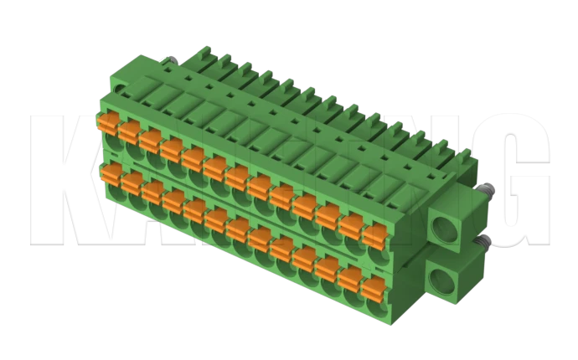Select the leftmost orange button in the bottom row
pyautogui.click(x=110, y=172)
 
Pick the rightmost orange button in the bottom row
pyautogui.click(x=372, y=286)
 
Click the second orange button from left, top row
pyautogui.click(x=129, y=131)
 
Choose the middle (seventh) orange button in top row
pyautogui.click(x=237, y=176)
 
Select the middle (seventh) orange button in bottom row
pyautogui.click(x=238, y=228)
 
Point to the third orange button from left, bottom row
pyautogui.click(x=152, y=191)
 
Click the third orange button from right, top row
pyautogui.click(x=328, y=214)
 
